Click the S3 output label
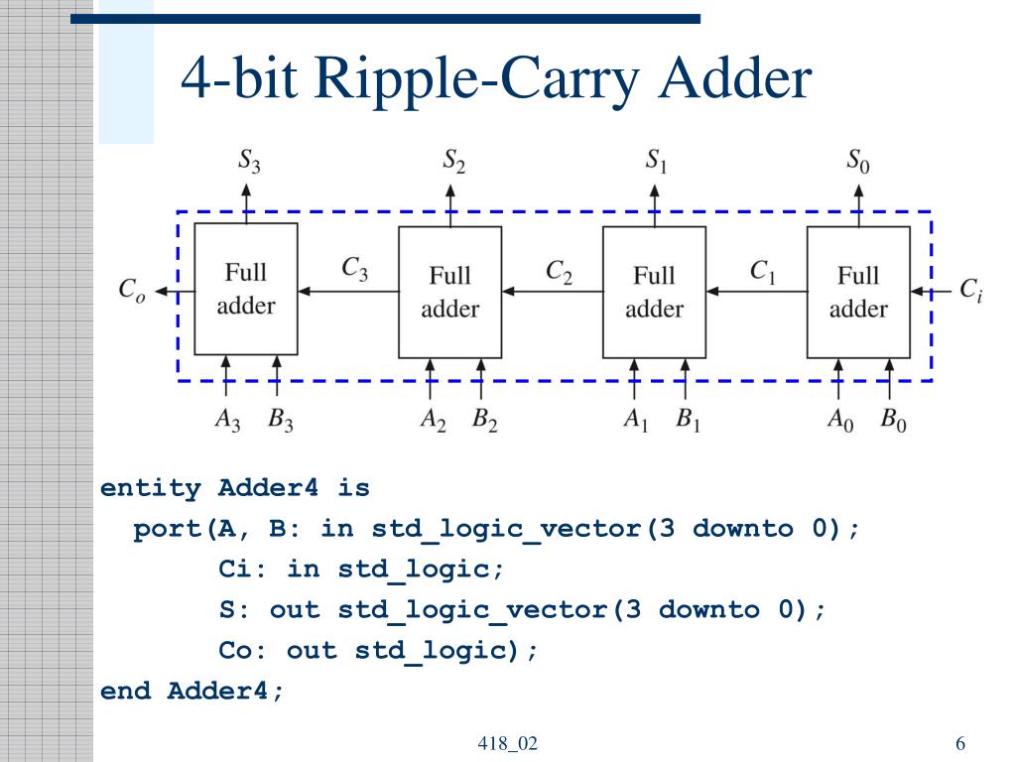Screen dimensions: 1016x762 249,160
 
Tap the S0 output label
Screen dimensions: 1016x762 858,160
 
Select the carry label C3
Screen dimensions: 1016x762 354,268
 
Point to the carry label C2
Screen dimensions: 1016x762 559,272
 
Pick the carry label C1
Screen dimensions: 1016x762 762,272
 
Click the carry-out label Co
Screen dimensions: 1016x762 132,289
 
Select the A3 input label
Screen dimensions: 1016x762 227,420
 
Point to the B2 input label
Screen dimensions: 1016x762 484,420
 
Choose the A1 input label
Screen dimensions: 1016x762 636,420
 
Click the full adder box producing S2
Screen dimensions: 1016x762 449,293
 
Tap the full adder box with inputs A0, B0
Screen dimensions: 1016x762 858,293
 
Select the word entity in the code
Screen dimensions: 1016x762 151,487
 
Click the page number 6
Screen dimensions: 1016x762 960,743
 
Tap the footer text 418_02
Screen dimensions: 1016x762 507,743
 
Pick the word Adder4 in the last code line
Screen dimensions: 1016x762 217,691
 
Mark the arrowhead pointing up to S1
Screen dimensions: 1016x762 655,191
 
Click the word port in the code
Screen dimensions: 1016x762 167,530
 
